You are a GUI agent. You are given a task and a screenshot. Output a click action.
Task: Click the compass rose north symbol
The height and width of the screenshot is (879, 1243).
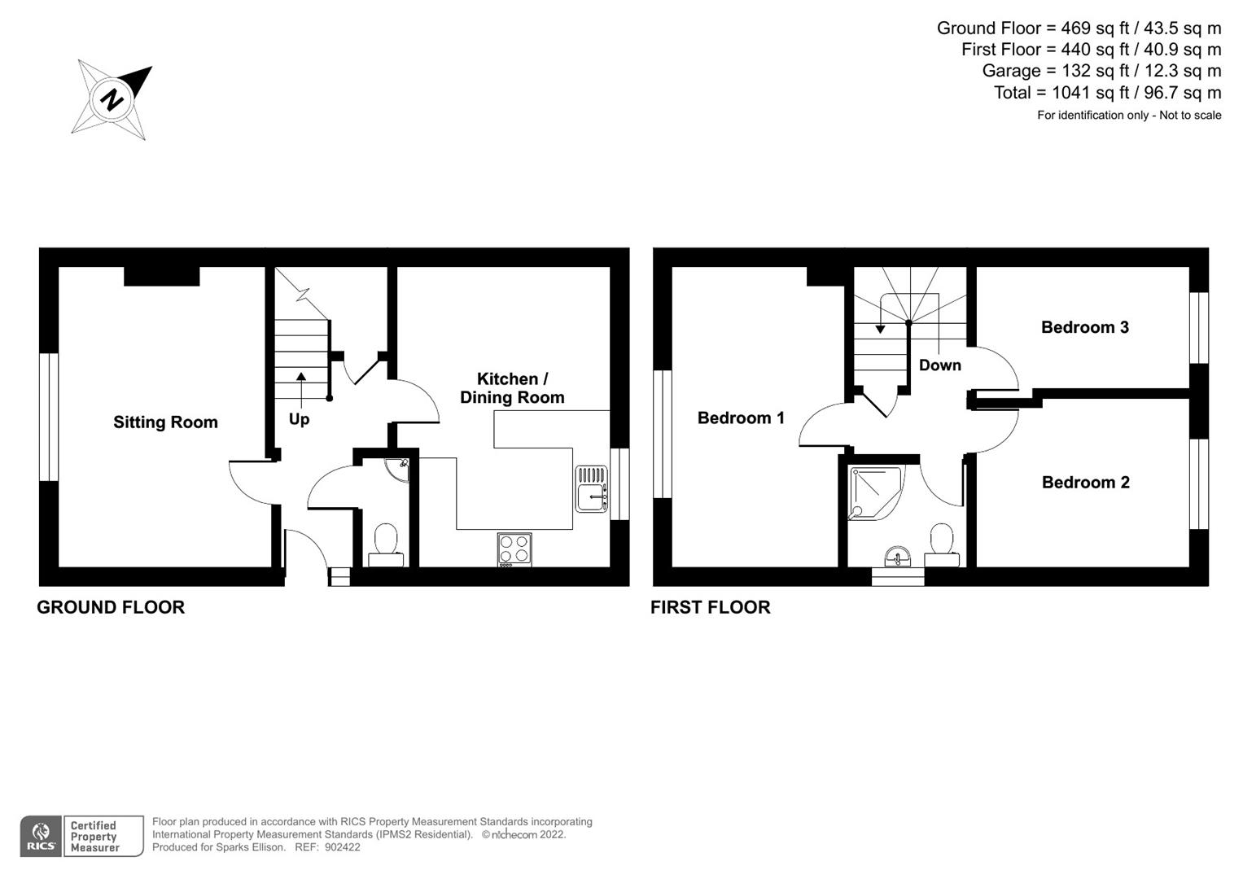(x=112, y=99)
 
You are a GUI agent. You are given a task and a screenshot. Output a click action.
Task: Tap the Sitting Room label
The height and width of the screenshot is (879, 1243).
(x=165, y=422)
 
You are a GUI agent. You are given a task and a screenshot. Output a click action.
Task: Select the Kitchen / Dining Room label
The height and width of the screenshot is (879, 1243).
(x=512, y=388)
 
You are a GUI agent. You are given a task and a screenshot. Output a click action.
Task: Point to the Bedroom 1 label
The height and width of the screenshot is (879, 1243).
(x=741, y=418)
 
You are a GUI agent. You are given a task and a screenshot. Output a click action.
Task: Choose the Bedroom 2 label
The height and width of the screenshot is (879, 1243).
(x=1085, y=483)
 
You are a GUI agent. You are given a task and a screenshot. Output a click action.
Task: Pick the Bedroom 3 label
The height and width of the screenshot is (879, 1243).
(x=1084, y=327)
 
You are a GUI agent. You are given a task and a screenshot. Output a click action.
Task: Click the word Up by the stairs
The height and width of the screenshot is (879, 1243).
(x=299, y=419)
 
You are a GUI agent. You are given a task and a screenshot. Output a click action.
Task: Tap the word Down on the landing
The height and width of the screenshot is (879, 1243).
(x=939, y=365)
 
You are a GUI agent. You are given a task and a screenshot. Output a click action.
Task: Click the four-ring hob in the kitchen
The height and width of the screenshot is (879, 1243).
(x=514, y=549)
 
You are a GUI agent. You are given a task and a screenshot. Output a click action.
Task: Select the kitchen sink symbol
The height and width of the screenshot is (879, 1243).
(x=592, y=488)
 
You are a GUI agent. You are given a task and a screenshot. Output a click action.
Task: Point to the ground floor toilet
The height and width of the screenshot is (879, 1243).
(x=385, y=544)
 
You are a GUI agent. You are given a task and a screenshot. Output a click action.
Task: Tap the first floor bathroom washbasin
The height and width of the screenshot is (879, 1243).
(x=898, y=557)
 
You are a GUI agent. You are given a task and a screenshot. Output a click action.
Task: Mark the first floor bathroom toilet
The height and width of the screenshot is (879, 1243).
(x=942, y=544)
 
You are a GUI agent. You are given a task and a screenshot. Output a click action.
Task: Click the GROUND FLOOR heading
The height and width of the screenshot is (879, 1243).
(x=111, y=607)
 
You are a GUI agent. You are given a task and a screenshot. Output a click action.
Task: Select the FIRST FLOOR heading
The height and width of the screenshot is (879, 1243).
(x=710, y=607)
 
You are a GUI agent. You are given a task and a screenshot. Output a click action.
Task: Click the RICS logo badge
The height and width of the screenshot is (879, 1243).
(x=41, y=837)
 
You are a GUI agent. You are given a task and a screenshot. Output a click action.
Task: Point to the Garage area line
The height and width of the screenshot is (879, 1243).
(x=1101, y=71)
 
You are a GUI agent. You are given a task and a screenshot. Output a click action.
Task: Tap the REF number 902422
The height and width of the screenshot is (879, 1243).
(x=342, y=847)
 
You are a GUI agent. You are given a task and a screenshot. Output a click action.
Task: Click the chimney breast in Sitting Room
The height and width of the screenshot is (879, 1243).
(x=162, y=276)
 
